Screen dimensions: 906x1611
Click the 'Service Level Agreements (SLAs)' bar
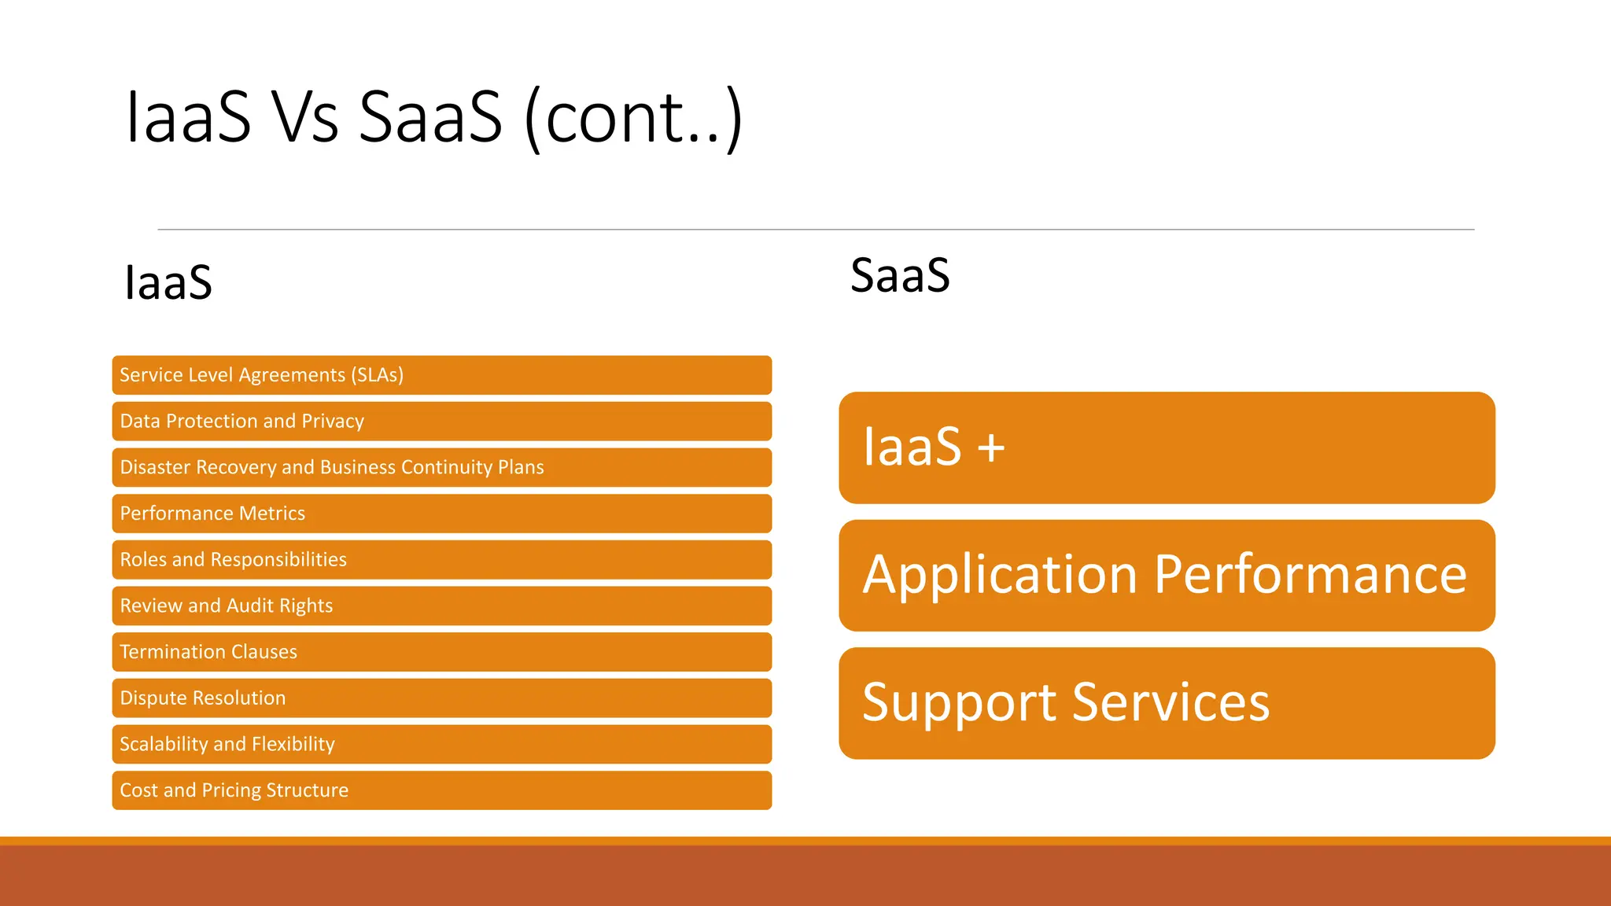(x=441, y=375)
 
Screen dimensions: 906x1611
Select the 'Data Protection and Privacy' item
(x=441, y=422)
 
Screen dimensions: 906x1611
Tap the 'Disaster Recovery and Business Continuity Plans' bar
(x=441, y=467)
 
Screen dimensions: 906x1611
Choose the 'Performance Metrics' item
(x=441, y=514)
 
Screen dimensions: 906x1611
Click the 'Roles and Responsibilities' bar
(x=441, y=560)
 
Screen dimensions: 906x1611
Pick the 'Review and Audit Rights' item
(x=441, y=606)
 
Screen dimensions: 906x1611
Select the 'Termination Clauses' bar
(x=441, y=652)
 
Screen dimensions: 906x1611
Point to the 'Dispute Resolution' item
(x=441, y=698)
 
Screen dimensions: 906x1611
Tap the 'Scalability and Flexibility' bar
(x=441, y=744)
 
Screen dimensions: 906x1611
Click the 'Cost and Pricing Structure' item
(x=441, y=790)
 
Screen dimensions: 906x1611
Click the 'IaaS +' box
(x=1167, y=447)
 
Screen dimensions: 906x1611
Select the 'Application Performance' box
(x=1167, y=575)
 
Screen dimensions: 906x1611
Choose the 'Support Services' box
(x=1167, y=703)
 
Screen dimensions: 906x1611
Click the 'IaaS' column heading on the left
(x=168, y=282)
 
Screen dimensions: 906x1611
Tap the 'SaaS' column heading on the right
(x=900, y=275)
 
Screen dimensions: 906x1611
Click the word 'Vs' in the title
(x=304, y=118)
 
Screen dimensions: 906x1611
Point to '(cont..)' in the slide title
(x=633, y=118)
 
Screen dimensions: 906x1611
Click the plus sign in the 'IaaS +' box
(x=991, y=448)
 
